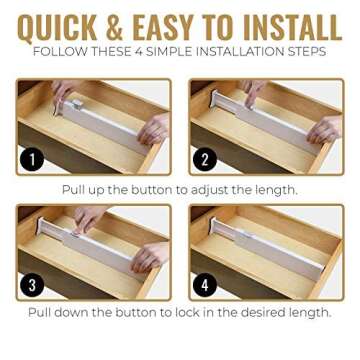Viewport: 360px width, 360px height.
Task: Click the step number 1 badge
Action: point(32,160)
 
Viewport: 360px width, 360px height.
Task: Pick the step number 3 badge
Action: point(32,285)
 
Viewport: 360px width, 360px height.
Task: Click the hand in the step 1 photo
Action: point(155,127)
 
